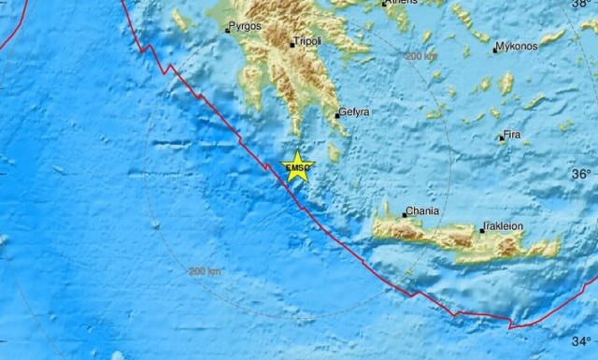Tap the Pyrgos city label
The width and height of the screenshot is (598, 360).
pos(247,28)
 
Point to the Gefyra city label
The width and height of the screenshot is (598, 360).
pos(355,112)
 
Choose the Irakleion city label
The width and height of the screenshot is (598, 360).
pos(504,226)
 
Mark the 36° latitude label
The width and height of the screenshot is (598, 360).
pos(582,174)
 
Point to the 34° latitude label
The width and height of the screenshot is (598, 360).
pos(582,340)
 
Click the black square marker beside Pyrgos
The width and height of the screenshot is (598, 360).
pos(227,30)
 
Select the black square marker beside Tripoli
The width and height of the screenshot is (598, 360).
pos(292,43)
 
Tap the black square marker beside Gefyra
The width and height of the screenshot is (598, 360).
pos(337,115)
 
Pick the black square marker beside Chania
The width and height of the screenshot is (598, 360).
pos(404,215)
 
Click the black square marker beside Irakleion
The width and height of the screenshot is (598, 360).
pos(482,228)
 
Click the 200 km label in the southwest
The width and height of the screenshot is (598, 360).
pos(206,271)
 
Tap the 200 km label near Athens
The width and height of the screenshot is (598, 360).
pos(420,57)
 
